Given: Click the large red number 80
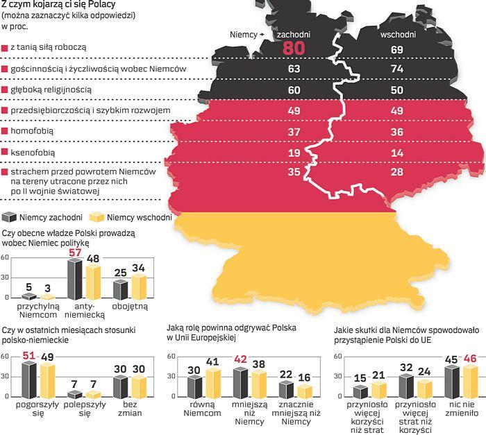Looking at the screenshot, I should pos(293,49).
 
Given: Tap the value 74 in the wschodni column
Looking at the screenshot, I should pos(397,69).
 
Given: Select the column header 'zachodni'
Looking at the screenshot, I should pos(293,34).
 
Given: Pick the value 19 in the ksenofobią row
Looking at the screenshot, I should pos(293,152).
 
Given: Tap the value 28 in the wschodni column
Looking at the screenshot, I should pos(397,172).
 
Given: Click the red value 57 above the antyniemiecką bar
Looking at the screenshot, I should pos(74,253).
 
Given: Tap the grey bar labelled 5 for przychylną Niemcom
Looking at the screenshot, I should pos(28,296).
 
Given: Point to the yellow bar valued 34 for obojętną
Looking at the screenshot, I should pos(139,286).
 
